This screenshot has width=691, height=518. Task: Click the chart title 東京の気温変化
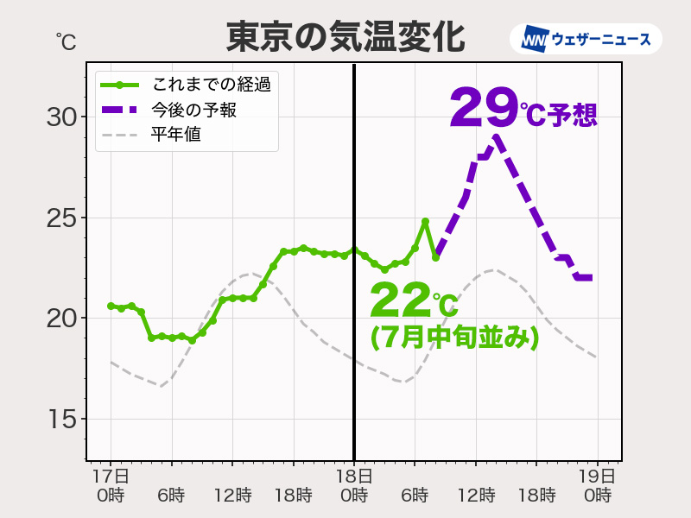point(345,36)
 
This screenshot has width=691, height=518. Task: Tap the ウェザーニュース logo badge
point(586,39)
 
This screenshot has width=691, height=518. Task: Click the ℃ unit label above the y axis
point(66,41)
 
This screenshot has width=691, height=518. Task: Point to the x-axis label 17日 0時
point(111,485)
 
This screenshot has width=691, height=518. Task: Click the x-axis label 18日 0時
point(354,485)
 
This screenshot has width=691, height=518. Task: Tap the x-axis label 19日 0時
point(597,485)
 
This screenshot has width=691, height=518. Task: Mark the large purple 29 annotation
point(483,108)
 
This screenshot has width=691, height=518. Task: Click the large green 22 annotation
point(401,301)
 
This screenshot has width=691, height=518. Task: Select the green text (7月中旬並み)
point(454,337)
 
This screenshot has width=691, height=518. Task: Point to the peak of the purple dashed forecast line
point(496,136)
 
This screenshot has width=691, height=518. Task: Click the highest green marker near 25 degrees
point(425,222)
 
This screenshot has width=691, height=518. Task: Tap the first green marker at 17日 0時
point(111,306)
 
